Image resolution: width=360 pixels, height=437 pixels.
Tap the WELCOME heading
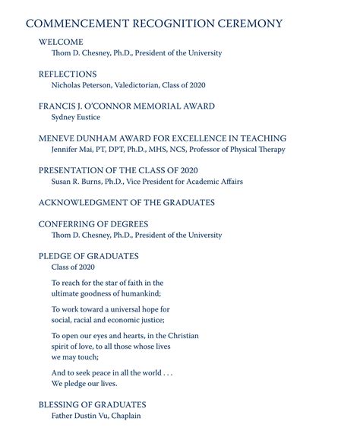61,42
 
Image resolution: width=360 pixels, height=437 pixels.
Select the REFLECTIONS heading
68,74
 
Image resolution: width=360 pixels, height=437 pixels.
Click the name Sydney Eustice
76,117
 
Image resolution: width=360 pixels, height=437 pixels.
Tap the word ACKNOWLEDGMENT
85,203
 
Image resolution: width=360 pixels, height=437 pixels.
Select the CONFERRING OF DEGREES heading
93,224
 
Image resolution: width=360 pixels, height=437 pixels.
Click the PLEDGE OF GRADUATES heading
89,256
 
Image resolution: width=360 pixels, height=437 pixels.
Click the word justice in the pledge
149,320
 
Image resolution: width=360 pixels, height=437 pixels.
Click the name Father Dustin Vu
81,416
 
